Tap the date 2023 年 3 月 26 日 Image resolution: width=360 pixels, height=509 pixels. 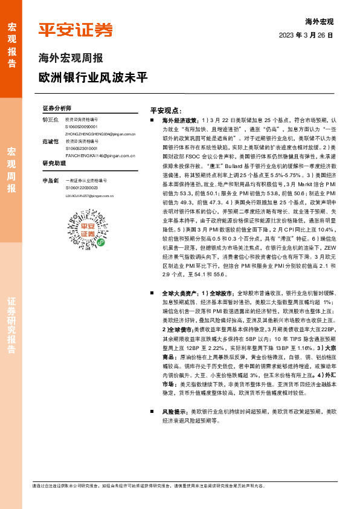pyautogui.click(x=306, y=36)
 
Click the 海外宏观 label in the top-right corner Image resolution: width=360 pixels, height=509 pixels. pyautogui.click(x=320, y=22)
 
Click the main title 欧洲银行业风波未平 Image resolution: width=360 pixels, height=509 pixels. pyautogui.click(x=92, y=79)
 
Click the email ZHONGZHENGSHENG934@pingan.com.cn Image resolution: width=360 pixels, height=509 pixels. pyautogui.click(x=95, y=134)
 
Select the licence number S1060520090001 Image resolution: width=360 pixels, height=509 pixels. pyautogui.click(x=81, y=127)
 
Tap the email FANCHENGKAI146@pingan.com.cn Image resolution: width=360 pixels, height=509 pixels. pyautogui.click(x=96, y=155)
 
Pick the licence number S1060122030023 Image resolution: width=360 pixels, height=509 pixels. pyautogui.click(x=81, y=188)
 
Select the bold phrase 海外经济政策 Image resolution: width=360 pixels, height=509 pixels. pyautogui.click(x=178, y=122)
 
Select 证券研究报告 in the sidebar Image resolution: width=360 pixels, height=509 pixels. pyautogui.click(x=11, y=326)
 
